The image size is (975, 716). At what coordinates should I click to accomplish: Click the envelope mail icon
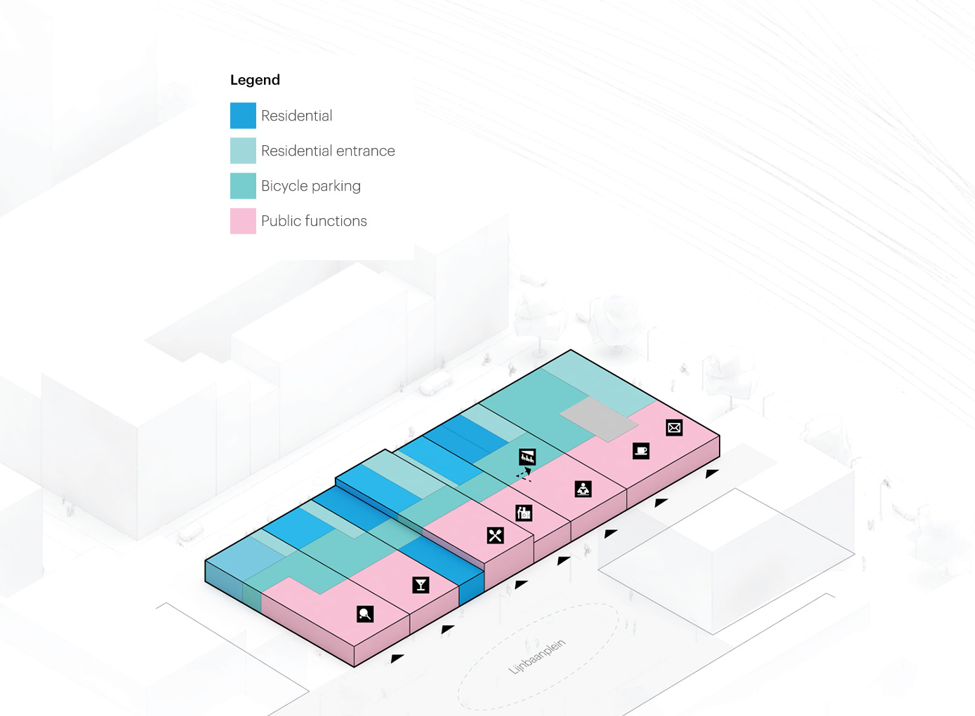pos(674,428)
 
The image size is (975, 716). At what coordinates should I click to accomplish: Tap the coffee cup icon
pos(641,451)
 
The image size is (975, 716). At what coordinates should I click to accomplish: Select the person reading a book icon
pos(583,489)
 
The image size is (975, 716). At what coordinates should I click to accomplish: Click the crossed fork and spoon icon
pos(496,536)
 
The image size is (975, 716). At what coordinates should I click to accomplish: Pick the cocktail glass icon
pos(420,584)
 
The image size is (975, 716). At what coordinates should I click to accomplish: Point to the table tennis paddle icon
pos(365,614)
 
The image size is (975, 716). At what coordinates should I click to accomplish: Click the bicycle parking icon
pos(527,457)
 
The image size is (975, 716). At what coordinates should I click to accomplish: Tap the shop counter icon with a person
pos(524,513)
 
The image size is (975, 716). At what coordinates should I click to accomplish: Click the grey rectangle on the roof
pos(599,419)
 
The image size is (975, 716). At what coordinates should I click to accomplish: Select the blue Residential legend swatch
pos(243,116)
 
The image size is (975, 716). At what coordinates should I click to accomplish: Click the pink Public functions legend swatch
pos(243,221)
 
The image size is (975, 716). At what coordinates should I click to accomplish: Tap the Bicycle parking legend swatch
pos(243,186)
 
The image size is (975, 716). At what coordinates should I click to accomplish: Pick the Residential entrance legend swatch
pos(243,151)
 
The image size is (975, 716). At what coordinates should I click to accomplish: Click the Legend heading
pos(255,80)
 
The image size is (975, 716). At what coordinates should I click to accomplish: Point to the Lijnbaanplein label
pos(537,656)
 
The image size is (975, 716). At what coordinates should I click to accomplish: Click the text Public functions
pos(314,221)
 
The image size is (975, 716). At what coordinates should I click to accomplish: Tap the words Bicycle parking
pos(311,186)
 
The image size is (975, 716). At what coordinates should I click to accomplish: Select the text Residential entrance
pos(328,151)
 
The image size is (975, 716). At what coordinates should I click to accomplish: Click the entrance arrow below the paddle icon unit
pos(397,658)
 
